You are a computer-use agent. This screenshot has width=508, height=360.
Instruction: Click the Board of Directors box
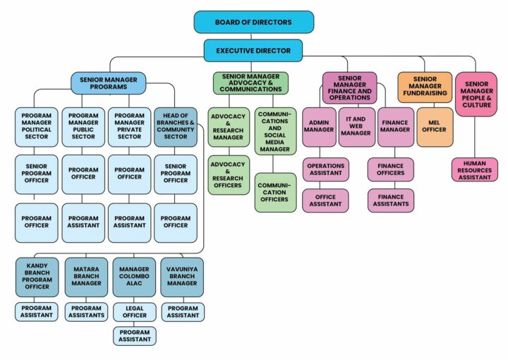click(x=253, y=22)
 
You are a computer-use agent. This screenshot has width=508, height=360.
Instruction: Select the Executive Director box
click(x=253, y=51)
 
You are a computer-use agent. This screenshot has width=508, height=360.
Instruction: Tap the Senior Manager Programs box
click(x=108, y=83)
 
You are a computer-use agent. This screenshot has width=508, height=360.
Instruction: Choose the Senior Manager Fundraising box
click(x=424, y=86)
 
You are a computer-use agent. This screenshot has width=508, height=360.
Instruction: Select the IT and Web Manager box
click(x=356, y=126)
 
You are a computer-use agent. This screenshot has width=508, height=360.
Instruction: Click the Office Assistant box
click(x=325, y=200)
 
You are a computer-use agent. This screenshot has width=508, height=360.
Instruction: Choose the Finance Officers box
click(x=390, y=169)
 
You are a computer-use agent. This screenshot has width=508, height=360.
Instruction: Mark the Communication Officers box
click(x=276, y=192)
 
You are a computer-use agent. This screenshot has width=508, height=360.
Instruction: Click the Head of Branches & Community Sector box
click(x=176, y=126)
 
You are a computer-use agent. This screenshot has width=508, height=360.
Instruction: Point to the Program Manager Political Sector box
click(x=36, y=126)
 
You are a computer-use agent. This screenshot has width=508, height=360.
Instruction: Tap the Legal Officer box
click(x=134, y=311)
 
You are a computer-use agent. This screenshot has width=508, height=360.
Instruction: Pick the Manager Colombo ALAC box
click(x=134, y=277)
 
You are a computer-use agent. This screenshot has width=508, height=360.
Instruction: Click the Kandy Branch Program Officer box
click(x=36, y=277)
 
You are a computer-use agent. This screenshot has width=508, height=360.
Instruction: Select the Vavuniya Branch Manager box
click(x=182, y=277)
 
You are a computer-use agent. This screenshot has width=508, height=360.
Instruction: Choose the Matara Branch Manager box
click(x=86, y=277)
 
